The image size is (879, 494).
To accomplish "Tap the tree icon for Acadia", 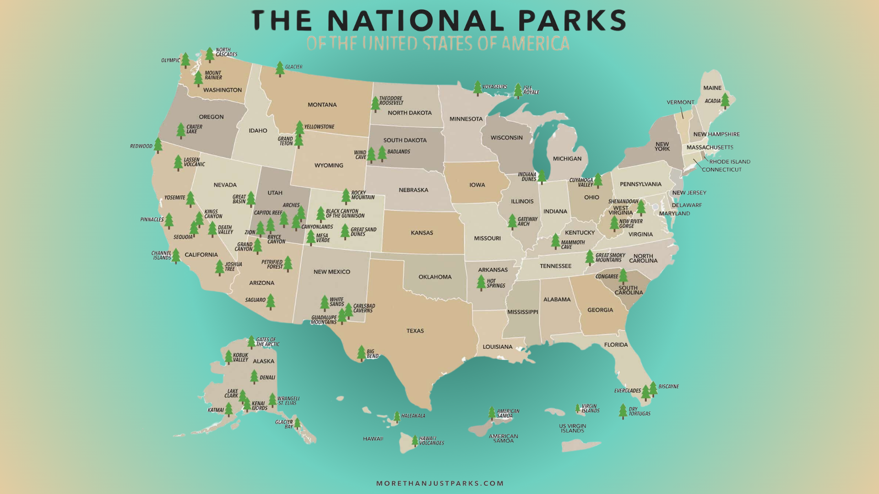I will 725,101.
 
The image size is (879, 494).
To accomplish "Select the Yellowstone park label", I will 320,127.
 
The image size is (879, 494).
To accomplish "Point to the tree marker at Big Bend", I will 361,353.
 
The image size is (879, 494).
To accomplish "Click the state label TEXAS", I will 415,331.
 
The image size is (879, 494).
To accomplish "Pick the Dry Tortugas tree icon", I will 623,411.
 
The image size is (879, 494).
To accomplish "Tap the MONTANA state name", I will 322,105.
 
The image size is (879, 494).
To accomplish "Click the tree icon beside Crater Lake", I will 181,130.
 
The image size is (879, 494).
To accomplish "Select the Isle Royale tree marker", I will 518,91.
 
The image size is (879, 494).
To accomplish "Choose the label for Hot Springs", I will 496,284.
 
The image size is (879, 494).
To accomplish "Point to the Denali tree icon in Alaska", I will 254,376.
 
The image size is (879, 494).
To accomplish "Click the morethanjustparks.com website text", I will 440,483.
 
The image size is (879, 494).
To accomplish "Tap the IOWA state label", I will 477,185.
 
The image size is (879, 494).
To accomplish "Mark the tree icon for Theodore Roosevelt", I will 375,104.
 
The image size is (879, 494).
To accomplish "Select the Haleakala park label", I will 413,416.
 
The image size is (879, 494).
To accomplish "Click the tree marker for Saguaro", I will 271,301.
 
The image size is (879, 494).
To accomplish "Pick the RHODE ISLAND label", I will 730,161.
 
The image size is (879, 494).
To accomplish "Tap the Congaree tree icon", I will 623,276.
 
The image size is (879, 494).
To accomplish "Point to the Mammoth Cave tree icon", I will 555,241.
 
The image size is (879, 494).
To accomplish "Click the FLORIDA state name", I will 616,345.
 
